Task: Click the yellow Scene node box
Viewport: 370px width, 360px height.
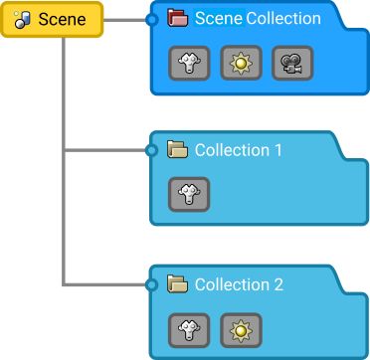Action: [x=52, y=20]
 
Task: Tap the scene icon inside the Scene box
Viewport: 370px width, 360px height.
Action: [x=22, y=20]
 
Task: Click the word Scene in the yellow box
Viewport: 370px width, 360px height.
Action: [x=62, y=20]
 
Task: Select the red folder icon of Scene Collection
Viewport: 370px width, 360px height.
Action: [x=178, y=18]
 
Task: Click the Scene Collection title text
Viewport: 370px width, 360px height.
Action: [x=257, y=18]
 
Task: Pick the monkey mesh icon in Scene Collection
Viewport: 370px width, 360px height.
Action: [x=189, y=63]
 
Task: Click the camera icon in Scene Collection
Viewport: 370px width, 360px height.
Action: [x=292, y=63]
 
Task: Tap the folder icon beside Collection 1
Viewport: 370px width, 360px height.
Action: [x=178, y=150]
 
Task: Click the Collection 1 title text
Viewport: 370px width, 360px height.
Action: [x=238, y=150]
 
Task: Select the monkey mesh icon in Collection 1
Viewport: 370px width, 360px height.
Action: [x=189, y=194]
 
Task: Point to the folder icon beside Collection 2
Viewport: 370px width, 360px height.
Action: [x=178, y=284]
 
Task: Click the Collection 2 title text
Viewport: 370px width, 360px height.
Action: [x=238, y=284]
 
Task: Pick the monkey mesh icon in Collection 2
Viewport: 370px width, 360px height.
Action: [x=189, y=328]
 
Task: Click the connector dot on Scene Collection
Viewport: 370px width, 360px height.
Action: [x=151, y=19]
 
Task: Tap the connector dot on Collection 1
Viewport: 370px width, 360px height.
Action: [x=151, y=151]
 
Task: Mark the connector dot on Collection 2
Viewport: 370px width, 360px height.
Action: [x=151, y=285]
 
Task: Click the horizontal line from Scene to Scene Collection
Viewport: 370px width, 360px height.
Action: [x=125, y=19]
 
